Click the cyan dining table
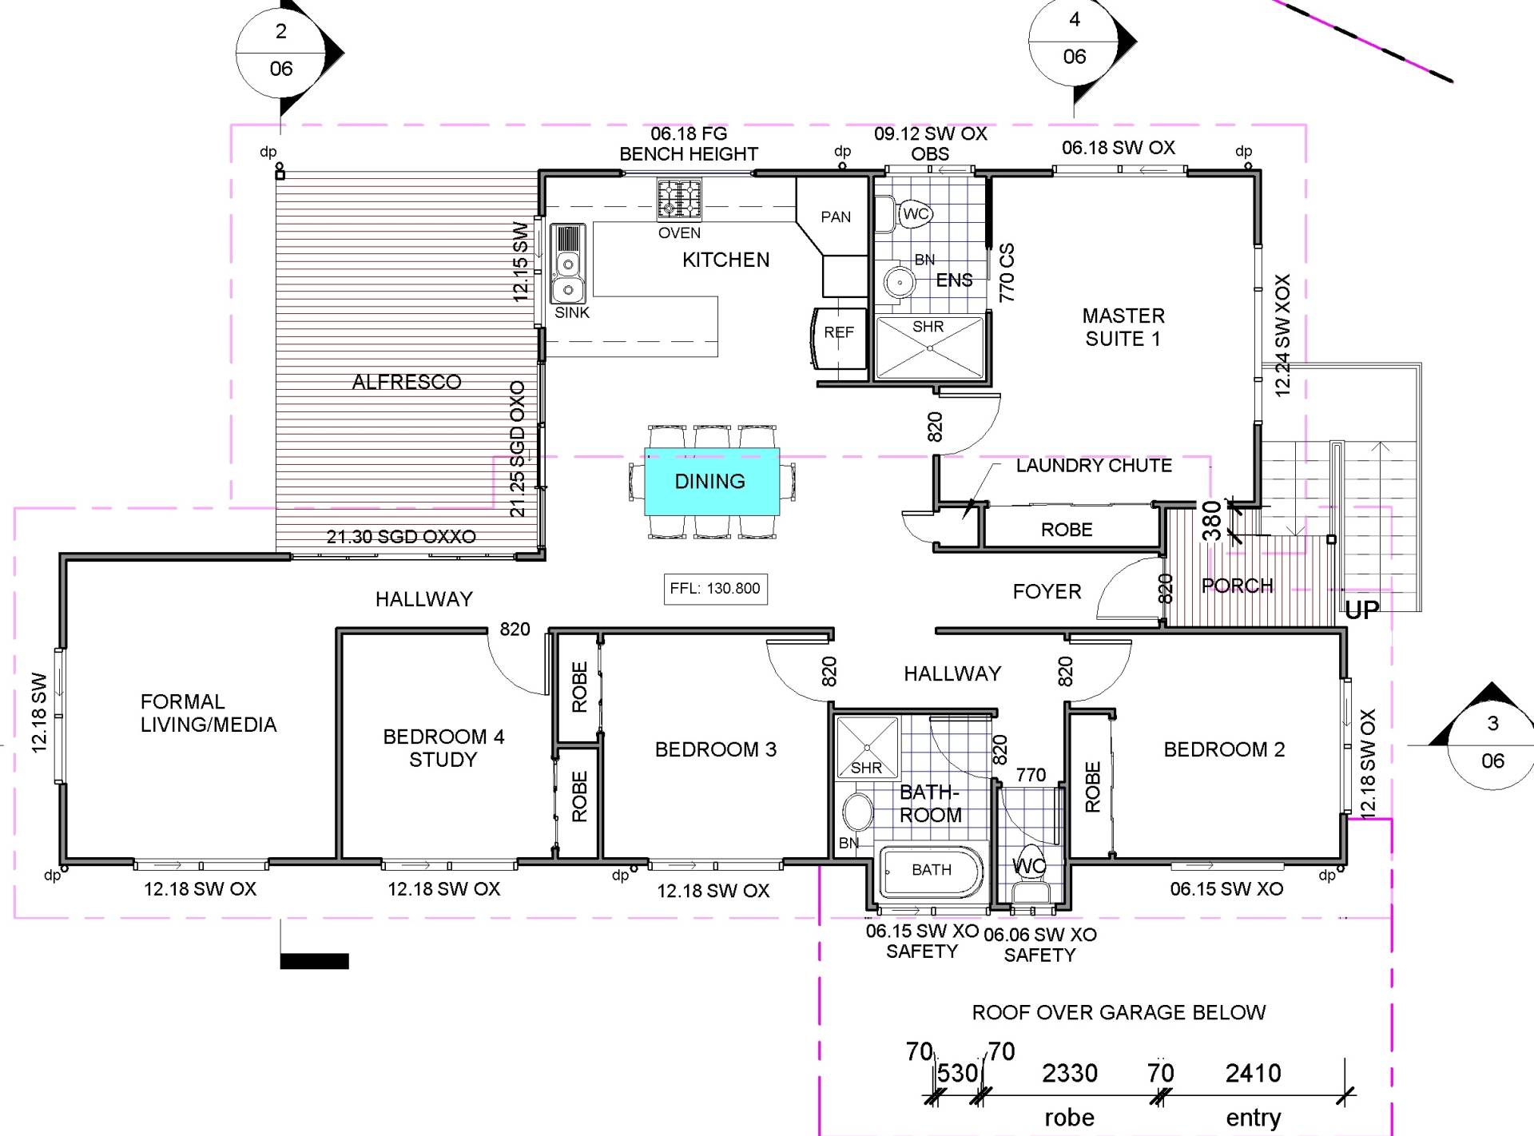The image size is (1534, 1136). pyautogui.click(x=712, y=481)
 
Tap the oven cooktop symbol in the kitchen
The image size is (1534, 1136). pyautogui.click(x=679, y=199)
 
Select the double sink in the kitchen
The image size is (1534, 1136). pyautogui.click(x=568, y=263)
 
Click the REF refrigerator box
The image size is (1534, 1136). pyautogui.click(x=840, y=339)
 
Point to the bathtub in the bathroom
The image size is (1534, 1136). pyautogui.click(x=931, y=872)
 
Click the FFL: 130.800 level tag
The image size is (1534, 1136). pyautogui.click(x=715, y=589)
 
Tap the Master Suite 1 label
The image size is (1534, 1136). pyautogui.click(x=1123, y=327)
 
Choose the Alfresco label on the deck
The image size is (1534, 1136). pyautogui.click(x=407, y=382)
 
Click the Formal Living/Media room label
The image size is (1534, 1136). pyautogui.click(x=209, y=713)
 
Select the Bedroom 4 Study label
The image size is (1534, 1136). pyautogui.click(x=443, y=748)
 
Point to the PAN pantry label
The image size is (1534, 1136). pyautogui.click(x=836, y=216)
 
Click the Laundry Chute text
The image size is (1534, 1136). pyautogui.click(x=1094, y=465)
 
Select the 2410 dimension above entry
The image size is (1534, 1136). pyautogui.click(x=1253, y=1073)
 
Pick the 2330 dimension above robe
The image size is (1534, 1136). pyautogui.click(x=1069, y=1073)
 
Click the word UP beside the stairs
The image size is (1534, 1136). pyautogui.click(x=1362, y=610)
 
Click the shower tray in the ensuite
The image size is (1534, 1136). pyautogui.click(x=930, y=348)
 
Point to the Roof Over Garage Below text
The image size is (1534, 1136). pyautogui.click(x=1119, y=1012)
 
